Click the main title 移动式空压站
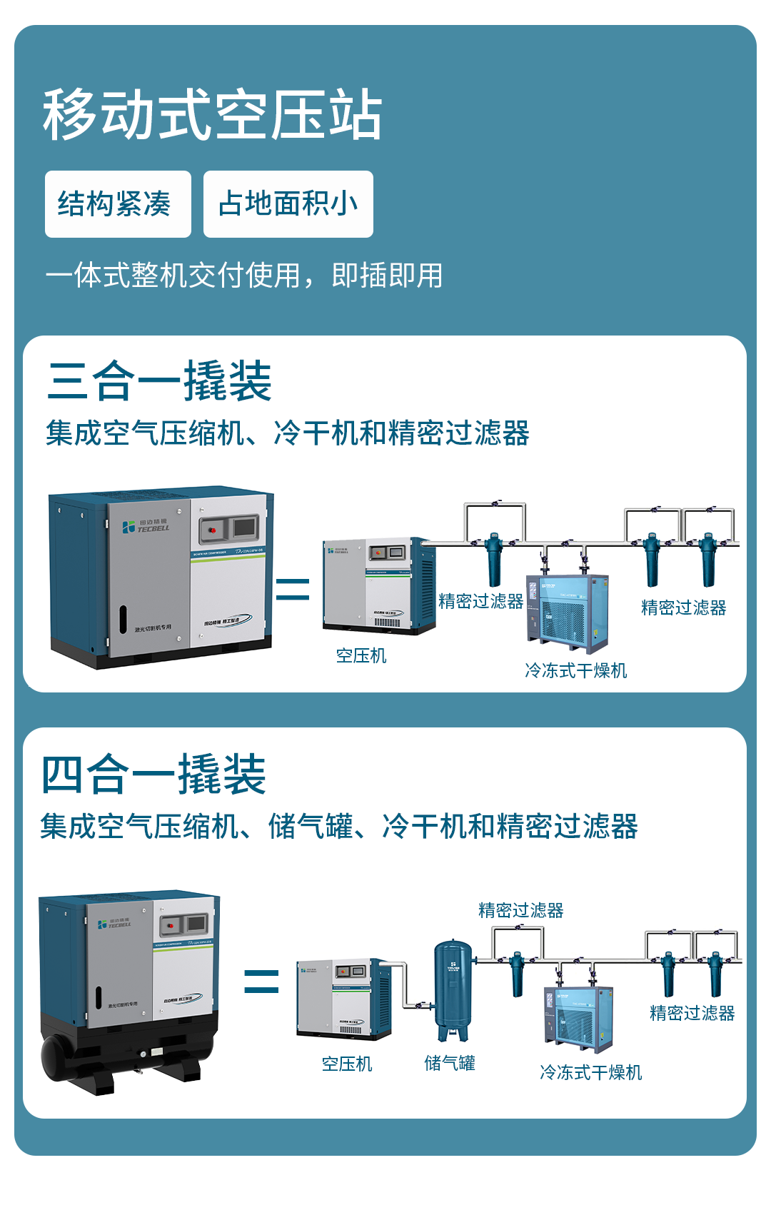click(x=213, y=115)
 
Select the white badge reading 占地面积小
click(x=288, y=204)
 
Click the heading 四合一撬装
click(x=153, y=775)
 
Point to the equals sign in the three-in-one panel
click(x=293, y=589)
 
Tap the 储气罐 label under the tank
click(x=450, y=1064)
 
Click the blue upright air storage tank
click(x=453, y=989)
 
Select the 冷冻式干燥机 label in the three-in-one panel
click(x=576, y=670)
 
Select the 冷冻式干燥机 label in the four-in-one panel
click(x=591, y=1072)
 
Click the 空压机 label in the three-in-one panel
click(x=361, y=655)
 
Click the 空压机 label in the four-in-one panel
click(x=347, y=1064)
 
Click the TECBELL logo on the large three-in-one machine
click(x=146, y=527)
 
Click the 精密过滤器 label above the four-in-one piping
click(x=521, y=910)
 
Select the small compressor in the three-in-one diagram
click(x=378, y=585)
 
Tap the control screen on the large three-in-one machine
click(x=245, y=527)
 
